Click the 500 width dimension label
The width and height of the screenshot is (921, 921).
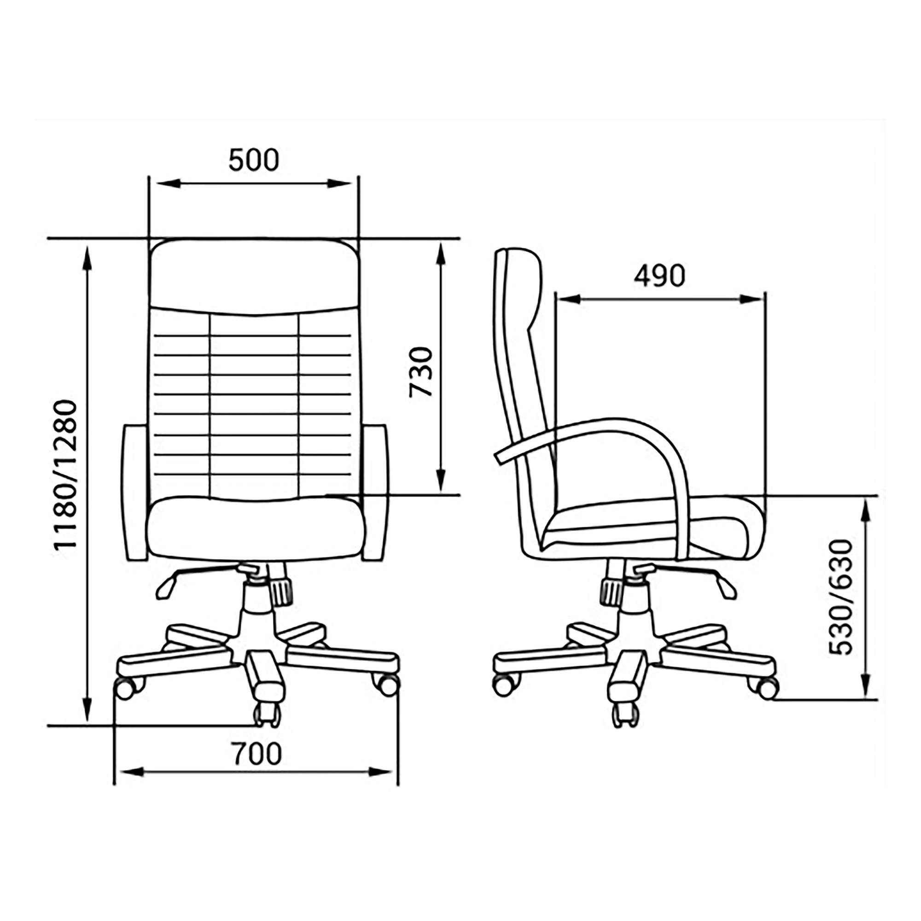click(254, 160)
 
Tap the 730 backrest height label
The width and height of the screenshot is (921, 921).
click(421, 372)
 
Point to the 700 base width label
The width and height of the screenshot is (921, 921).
click(257, 754)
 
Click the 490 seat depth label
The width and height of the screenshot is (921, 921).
click(659, 276)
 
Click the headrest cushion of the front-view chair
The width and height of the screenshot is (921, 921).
click(254, 276)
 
